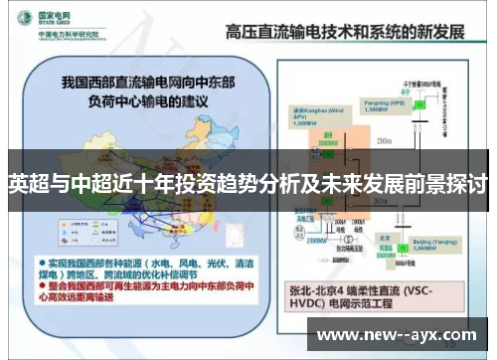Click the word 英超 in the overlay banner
(27, 184)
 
